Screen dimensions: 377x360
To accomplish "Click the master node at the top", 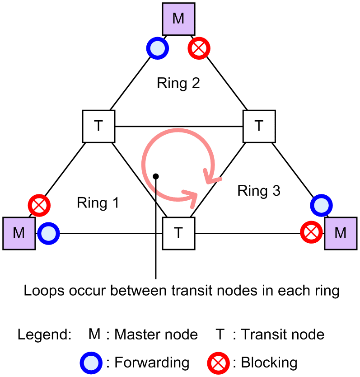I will tap(179, 19).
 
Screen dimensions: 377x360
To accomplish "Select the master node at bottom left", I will tap(19, 233).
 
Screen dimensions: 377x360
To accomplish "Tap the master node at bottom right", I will tap(340, 233).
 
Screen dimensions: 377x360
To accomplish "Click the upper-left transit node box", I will tap(98, 126).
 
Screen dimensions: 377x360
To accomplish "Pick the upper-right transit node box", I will tap(259, 126).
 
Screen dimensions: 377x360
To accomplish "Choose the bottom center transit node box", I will tap(178, 233).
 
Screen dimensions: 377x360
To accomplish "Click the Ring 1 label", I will tap(98, 203).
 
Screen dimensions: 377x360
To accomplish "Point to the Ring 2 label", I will tap(178, 83).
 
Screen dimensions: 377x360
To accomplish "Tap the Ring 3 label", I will tap(259, 191).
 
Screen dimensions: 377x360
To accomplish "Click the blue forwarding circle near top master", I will tap(157, 49).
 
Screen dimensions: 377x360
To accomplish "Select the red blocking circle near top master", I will tap(199, 49).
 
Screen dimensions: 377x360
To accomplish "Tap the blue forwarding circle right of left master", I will tap(48, 234).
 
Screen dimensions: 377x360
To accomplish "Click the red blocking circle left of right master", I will tap(311, 234).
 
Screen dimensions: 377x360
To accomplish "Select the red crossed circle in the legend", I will tap(218, 362).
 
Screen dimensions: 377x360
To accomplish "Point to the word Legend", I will tap(44, 335).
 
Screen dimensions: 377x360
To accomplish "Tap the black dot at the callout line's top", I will tap(156, 175).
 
